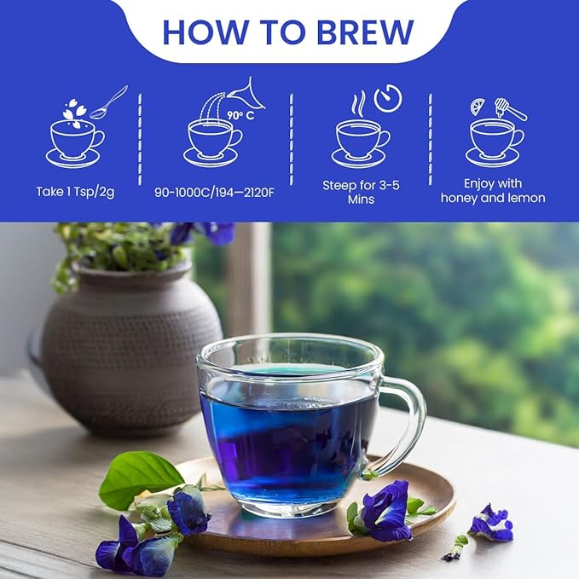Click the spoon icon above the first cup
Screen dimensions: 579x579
109,101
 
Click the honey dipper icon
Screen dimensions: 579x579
510,108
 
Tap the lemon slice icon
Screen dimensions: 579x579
478,106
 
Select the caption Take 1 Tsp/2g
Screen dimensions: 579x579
75,191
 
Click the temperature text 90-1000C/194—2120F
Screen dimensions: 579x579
214,191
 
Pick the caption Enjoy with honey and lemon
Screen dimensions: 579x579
493,191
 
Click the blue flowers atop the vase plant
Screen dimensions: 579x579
205,231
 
